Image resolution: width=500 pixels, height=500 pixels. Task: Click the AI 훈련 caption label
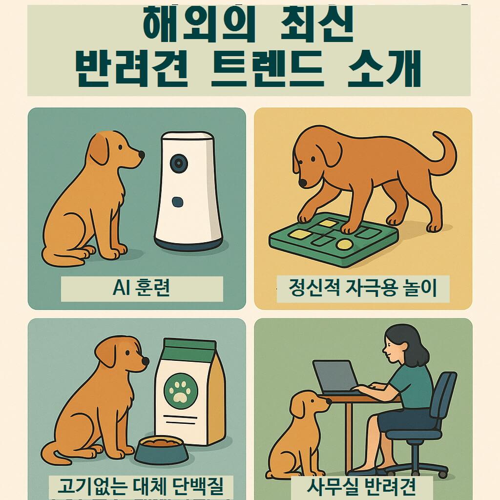(141, 289)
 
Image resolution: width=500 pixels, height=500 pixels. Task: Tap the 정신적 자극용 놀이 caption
(362, 289)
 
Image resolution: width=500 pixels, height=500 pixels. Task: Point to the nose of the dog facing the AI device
(142, 155)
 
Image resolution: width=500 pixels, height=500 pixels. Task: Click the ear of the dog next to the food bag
(106, 354)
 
